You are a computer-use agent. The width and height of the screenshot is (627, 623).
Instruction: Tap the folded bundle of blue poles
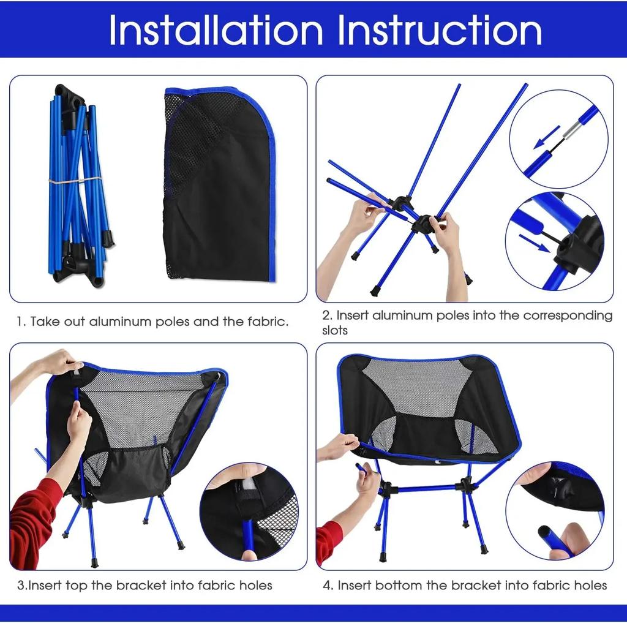(x=77, y=184)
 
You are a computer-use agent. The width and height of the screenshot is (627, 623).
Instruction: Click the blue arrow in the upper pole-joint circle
(x=546, y=138)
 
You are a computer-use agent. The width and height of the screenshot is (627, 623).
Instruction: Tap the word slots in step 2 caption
(x=335, y=331)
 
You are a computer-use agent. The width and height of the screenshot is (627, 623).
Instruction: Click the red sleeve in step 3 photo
(x=34, y=521)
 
